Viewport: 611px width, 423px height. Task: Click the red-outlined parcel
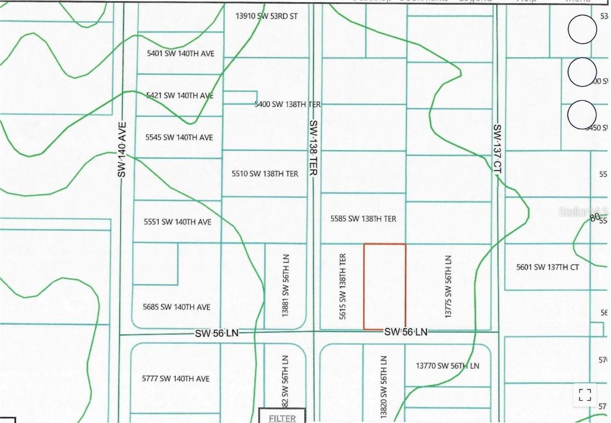point(385,286)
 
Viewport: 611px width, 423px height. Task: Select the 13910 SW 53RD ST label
point(267,16)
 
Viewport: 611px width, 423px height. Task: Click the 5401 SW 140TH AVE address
point(180,53)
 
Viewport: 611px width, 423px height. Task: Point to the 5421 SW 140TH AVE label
point(180,95)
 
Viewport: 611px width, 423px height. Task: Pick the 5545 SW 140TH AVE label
point(179,137)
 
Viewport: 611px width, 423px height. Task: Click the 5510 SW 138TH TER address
point(265,173)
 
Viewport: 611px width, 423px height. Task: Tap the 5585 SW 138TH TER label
point(363,219)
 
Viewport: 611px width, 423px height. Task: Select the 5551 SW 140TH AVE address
point(177,222)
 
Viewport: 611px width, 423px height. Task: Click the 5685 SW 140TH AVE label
point(176,307)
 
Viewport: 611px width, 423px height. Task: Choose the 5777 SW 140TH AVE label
point(176,378)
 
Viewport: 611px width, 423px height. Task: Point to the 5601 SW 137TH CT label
point(548,267)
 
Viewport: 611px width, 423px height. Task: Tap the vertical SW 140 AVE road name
point(122,149)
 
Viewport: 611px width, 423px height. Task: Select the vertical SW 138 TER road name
point(313,148)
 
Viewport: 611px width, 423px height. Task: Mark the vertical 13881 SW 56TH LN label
point(285,285)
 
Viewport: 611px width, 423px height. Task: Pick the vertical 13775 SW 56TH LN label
point(448,286)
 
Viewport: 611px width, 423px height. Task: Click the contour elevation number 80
point(594,218)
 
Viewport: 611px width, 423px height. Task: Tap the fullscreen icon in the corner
point(585,394)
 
